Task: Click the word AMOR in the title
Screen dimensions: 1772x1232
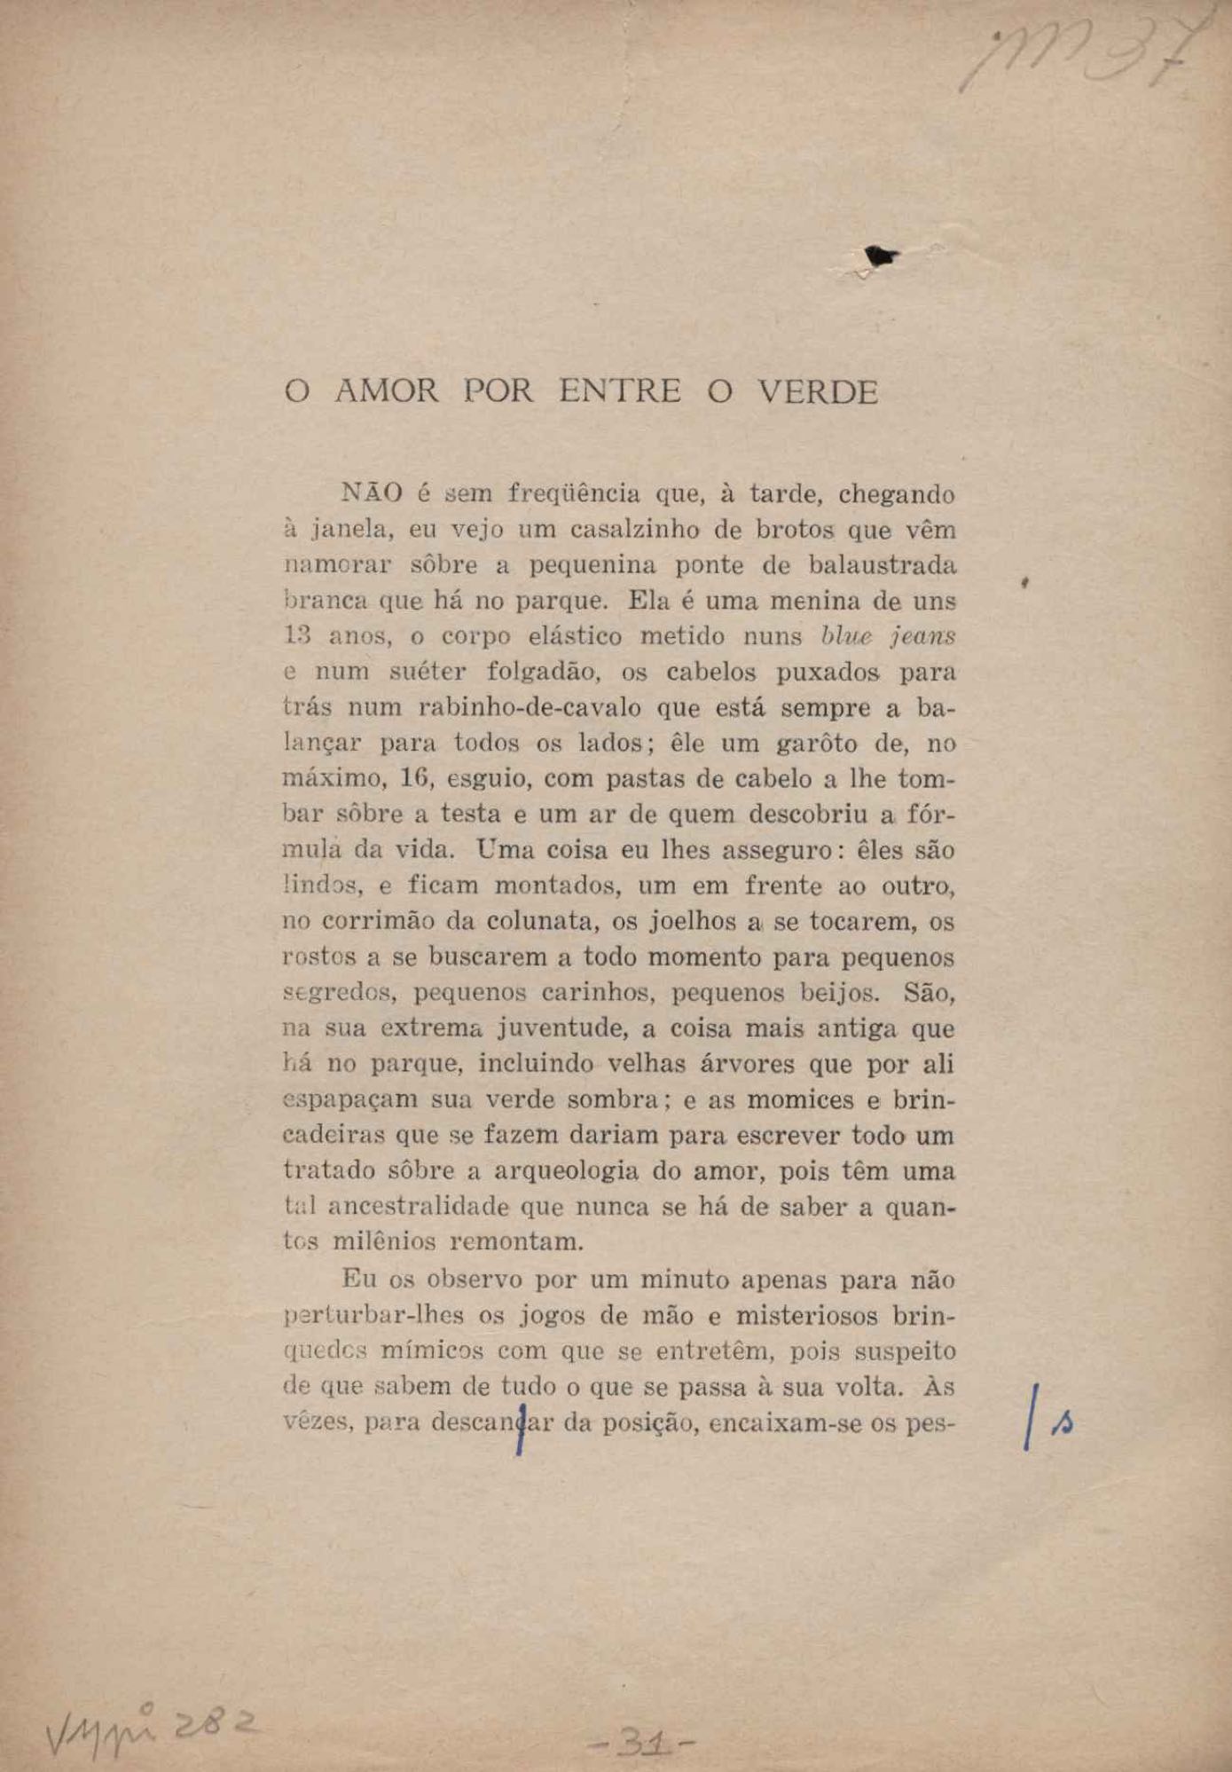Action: point(386,391)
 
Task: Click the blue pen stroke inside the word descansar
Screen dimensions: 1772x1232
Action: point(520,1424)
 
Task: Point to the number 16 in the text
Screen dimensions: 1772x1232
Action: point(415,779)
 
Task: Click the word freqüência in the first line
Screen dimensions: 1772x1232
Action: point(572,492)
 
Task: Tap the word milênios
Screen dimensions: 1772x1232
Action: point(383,1241)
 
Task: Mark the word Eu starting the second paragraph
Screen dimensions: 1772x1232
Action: point(358,1280)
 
